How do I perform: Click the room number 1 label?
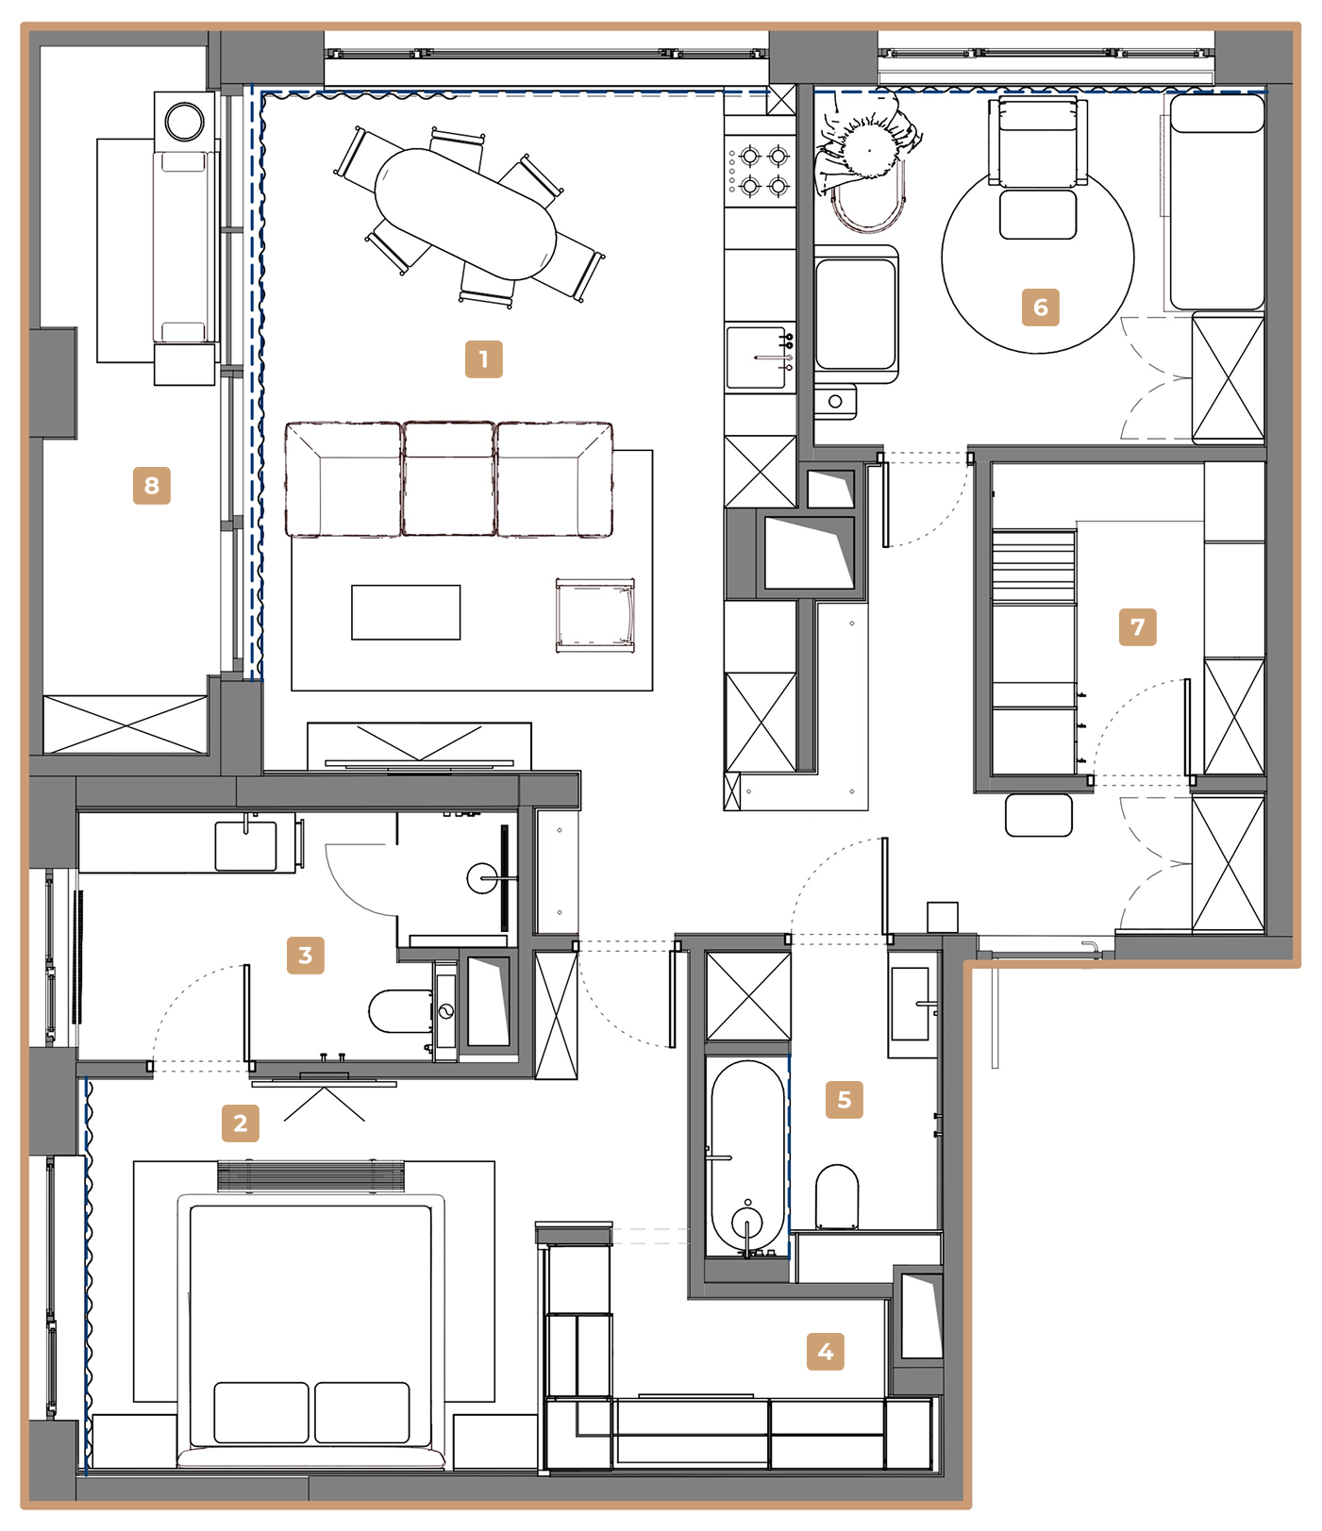[484, 359]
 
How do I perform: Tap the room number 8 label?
[152, 486]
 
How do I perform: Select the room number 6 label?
[1041, 308]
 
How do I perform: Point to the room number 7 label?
[1138, 627]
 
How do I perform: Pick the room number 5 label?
[845, 1100]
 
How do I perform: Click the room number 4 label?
[826, 1352]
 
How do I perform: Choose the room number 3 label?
[306, 956]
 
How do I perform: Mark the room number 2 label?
[241, 1123]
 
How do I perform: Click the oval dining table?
[466, 214]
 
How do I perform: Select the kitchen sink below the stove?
[761, 358]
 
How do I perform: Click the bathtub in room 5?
[747, 1157]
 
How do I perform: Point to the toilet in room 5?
[837, 1197]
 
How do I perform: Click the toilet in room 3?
[401, 1011]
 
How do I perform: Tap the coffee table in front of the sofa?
[406, 612]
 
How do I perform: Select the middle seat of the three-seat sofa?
[449, 479]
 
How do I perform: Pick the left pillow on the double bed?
[261, 1412]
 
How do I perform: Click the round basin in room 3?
[484, 879]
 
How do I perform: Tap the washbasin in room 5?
[912, 1004]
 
